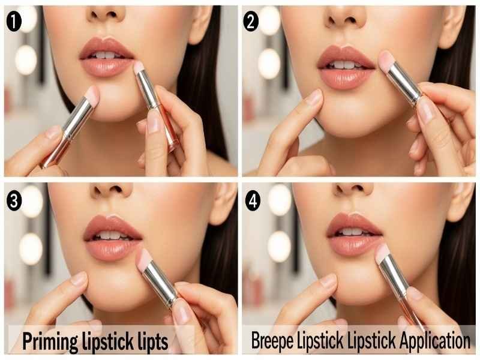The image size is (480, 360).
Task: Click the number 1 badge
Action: [13, 22]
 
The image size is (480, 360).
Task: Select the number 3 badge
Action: [13, 200]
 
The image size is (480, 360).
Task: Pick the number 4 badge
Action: [253, 200]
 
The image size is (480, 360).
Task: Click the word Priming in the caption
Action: [49, 341]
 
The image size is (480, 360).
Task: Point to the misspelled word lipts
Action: [148, 341]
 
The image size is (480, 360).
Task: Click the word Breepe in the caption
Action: [273, 341]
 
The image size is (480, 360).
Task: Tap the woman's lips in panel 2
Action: [346, 67]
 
